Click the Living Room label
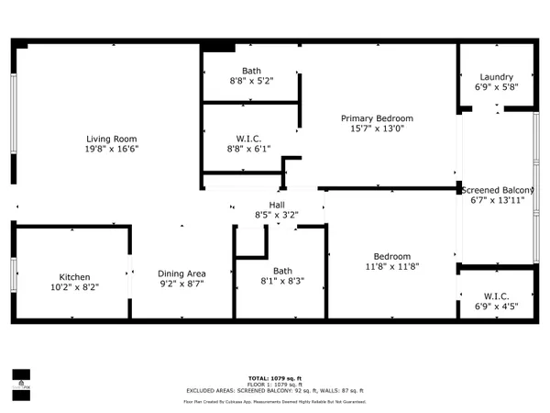[106, 138]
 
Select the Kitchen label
[75, 276]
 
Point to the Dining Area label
[181, 273]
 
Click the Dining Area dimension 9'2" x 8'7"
[181, 285]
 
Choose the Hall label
[276, 205]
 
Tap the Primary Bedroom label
[377, 118]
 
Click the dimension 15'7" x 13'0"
[377, 129]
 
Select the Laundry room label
[496, 77]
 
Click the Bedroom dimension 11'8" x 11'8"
[391, 268]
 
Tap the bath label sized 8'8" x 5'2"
[251, 71]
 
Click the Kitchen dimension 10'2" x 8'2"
[75, 287]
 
